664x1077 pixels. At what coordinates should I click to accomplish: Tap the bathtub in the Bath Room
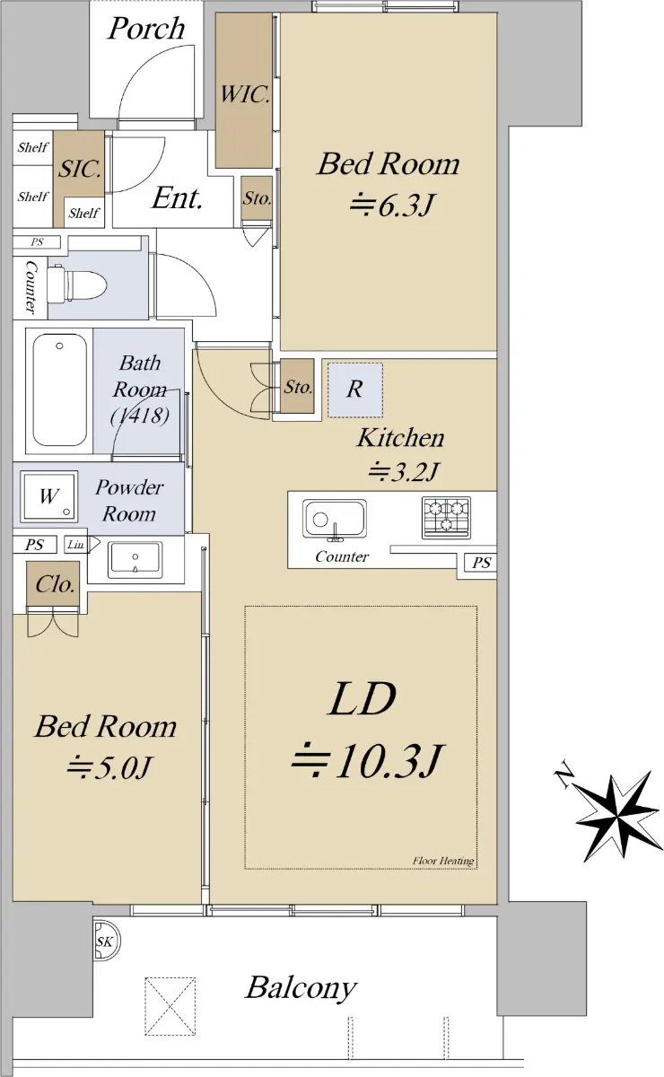coord(60,390)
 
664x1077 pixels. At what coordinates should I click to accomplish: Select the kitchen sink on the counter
coord(335,520)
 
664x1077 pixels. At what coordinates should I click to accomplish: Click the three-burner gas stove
coord(446,517)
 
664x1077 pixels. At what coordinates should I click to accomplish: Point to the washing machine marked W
coord(48,496)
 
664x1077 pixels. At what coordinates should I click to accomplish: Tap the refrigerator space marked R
coord(355,390)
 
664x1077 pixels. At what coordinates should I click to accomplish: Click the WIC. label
coord(245,94)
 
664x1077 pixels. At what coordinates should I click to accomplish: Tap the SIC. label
coord(80,169)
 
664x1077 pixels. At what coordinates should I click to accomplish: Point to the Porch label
coord(146,29)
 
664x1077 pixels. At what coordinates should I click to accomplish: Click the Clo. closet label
coord(56,584)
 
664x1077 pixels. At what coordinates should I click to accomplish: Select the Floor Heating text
coord(443,861)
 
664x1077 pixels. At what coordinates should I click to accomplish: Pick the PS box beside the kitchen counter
coord(481,562)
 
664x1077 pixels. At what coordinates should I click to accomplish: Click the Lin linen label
coord(75,545)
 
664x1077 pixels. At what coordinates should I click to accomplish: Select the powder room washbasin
coord(135,560)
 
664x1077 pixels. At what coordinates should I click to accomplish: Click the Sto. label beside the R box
coord(298,387)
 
